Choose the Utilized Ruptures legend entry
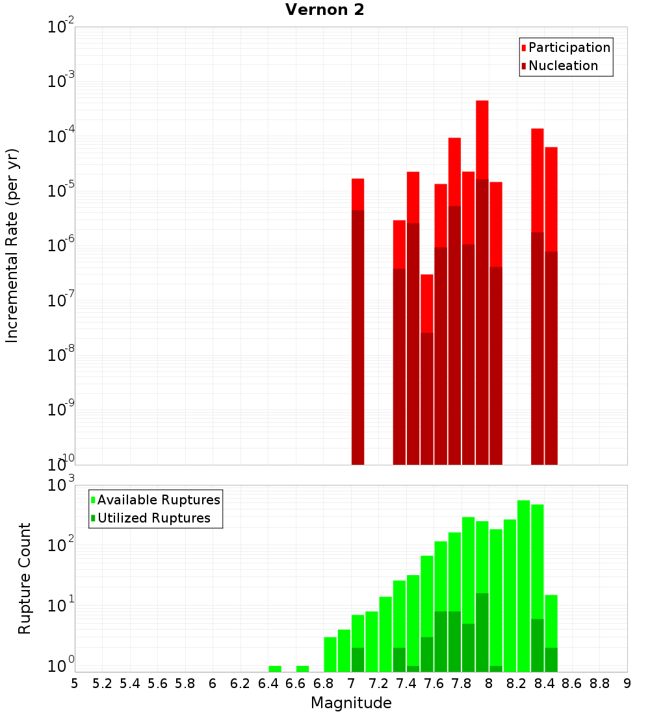[153, 518]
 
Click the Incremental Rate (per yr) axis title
[12, 245]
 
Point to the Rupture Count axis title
[25, 578]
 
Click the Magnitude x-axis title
[351, 703]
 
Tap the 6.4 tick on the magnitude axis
[268, 683]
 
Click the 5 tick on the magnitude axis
[75, 683]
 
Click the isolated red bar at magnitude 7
[357, 195]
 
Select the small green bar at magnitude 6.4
[275, 669]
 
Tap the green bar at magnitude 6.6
[302, 669]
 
